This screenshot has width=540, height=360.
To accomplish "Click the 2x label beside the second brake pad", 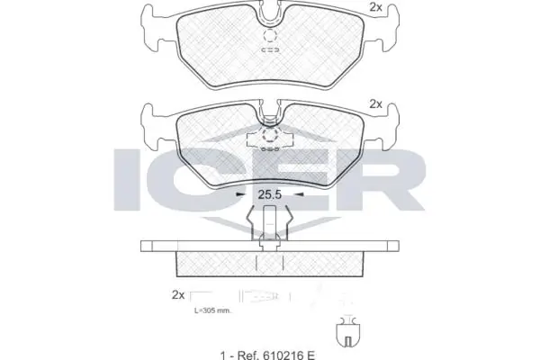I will click(375, 104).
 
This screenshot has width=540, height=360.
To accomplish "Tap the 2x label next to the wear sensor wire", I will click(177, 295).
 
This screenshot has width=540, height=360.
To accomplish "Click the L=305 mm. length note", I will click(212, 310).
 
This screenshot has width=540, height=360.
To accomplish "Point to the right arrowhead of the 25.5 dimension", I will click(300, 193).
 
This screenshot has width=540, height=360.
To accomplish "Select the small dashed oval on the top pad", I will click(270, 50).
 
